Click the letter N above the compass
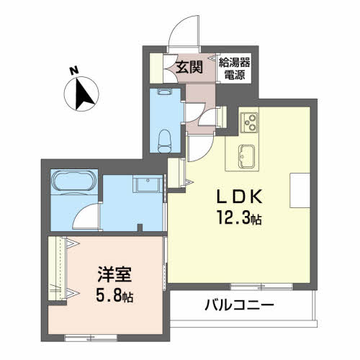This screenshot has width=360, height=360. (73, 71)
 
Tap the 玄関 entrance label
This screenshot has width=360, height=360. (188, 68)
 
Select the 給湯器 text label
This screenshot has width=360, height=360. (234, 63)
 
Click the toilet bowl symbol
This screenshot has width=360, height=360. (163, 137)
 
